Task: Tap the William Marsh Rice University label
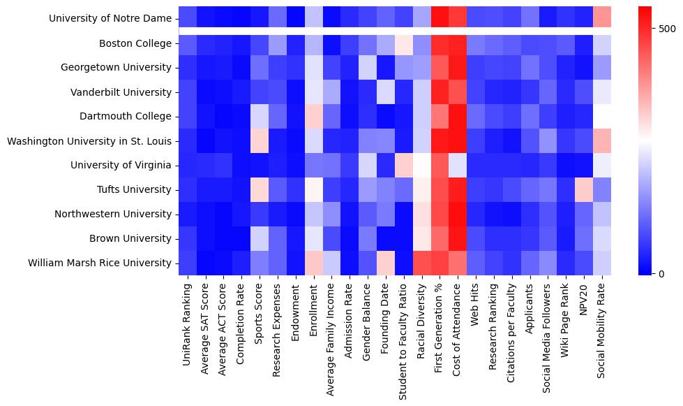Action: tap(99, 263)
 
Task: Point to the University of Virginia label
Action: tap(121, 166)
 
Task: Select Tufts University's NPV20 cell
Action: tap(585, 189)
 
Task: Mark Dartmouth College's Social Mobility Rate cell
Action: tap(603, 117)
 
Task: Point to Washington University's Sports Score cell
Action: tap(260, 141)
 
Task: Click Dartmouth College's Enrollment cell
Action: tap(314, 117)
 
